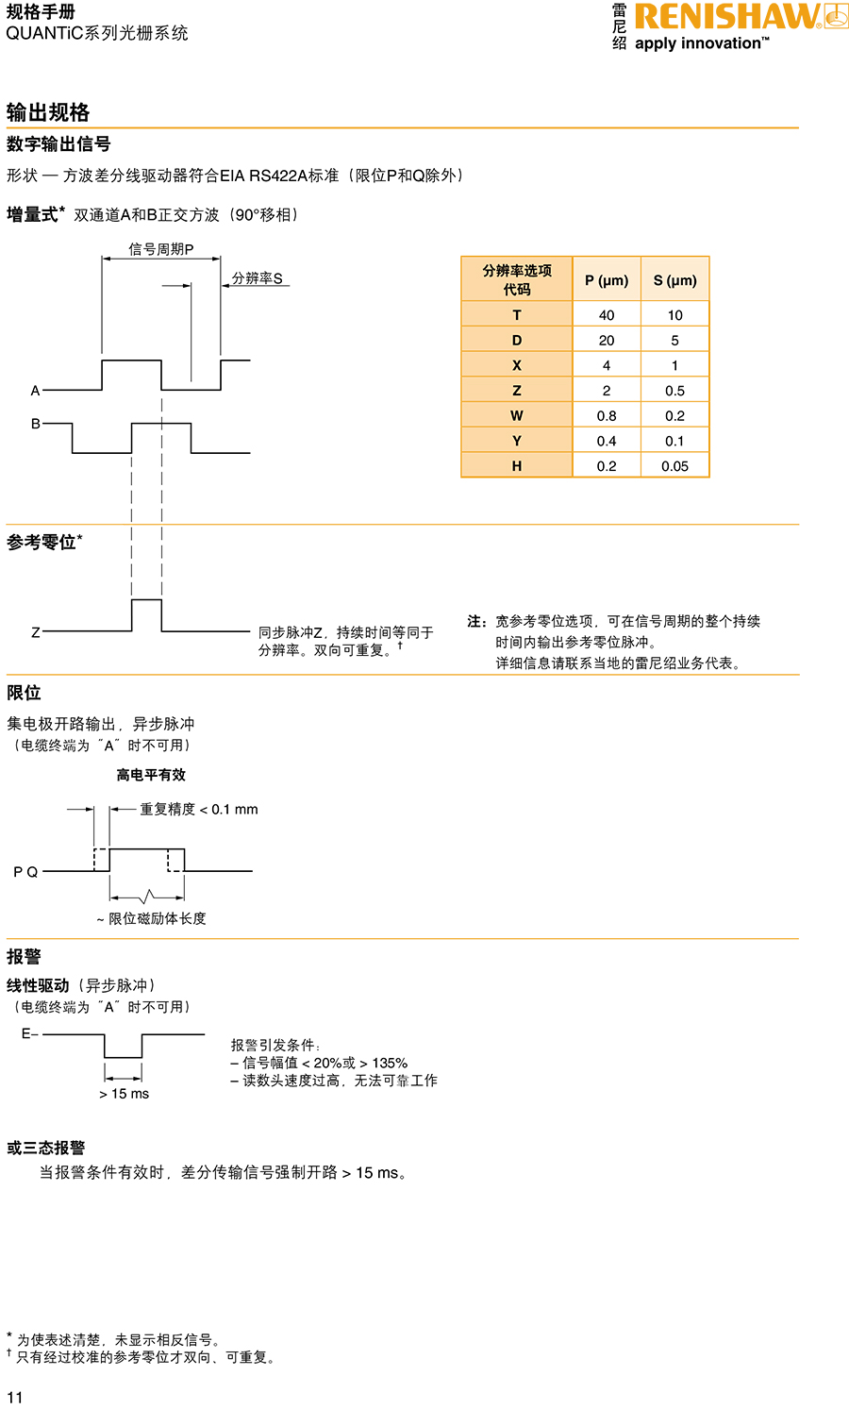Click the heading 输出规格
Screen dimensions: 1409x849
pos(48,112)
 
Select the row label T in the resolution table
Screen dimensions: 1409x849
pos(516,315)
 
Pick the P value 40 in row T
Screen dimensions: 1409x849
pos(607,315)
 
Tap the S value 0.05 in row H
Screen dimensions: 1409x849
pos(674,466)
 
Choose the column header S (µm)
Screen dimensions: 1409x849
pos(674,280)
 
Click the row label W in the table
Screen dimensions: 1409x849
pos(516,416)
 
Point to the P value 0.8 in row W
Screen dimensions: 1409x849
pos(607,416)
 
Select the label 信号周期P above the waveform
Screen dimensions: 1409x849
pos(161,249)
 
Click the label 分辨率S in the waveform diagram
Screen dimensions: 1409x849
pos(258,278)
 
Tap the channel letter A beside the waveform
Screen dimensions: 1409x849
pos(36,390)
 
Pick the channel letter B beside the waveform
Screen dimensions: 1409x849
pos(36,424)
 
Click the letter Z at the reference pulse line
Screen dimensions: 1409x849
pos(36,632)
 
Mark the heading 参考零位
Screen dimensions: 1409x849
pos(42,543)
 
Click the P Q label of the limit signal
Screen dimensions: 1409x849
pos(25,872)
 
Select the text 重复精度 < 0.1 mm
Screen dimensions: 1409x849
pos(198,810)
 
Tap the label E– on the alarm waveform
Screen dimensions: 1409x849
pos(30,1034)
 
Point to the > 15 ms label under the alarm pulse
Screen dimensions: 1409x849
pos(124,1094)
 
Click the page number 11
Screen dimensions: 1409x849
pos(14,1397)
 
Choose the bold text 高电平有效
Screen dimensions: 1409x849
pos(151,775)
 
